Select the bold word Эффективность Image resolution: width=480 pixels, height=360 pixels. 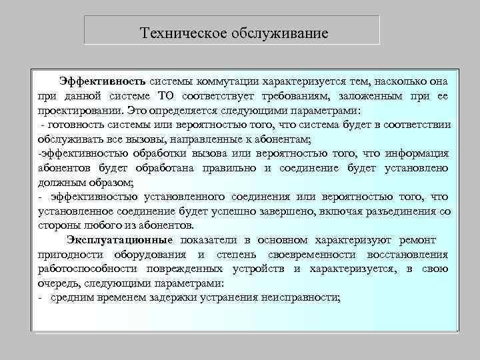[x=103, y=81]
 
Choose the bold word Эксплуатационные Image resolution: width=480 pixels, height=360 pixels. [x=119, y=240]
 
